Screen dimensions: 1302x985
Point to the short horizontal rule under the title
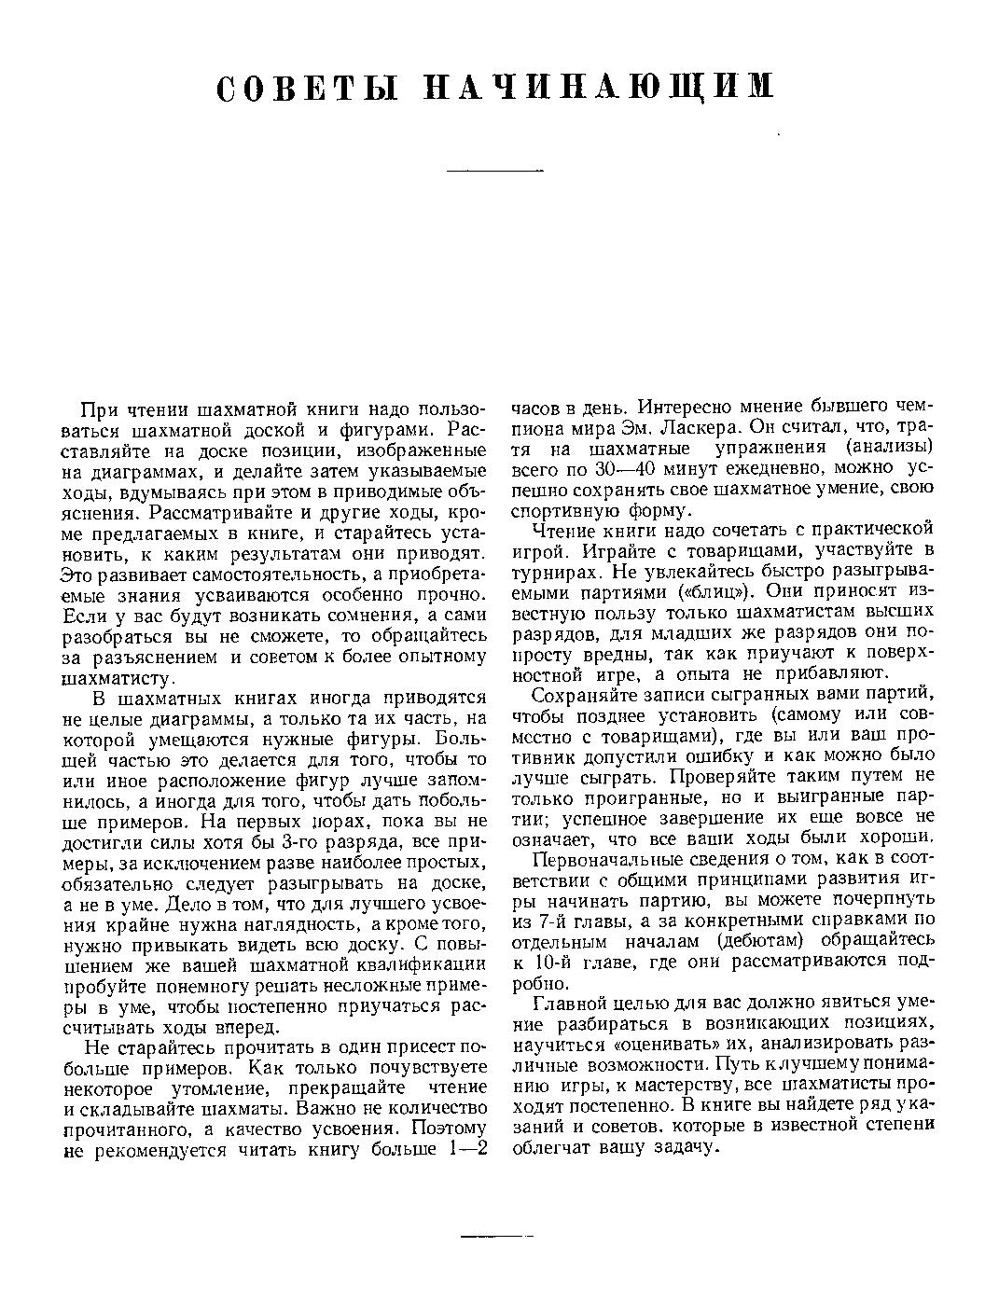pyautogui.click(x=494, y=172)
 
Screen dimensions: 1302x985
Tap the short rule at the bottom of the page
pyautogui.click(x=496, y=1237)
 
